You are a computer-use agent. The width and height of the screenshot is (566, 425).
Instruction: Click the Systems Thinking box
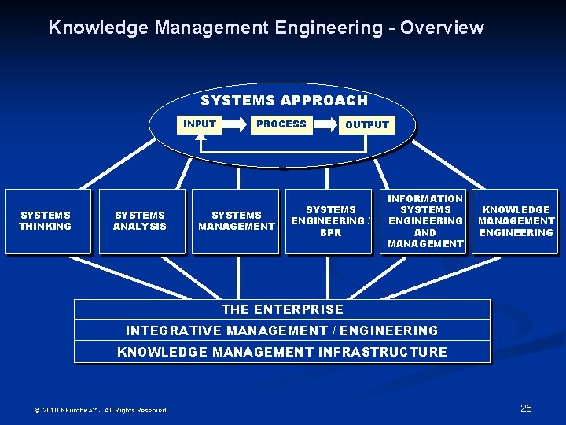[46, 221]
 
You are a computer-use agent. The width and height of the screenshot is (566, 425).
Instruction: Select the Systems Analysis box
[141, 221]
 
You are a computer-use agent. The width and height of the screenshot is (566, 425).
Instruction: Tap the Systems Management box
[236, 221]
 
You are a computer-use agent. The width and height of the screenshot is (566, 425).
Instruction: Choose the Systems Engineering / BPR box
[330, 221]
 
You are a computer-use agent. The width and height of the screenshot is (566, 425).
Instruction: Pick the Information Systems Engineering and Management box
[424, 221]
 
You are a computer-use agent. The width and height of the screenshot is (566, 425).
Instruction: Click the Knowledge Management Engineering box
[516, 221]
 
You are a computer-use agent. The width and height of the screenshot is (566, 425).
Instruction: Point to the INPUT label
[200, 124]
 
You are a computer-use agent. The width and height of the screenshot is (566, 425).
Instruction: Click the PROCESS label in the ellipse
[281, 124]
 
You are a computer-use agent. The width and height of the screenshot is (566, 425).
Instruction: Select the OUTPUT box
[367, 124]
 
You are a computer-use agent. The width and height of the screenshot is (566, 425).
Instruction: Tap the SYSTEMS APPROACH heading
[284, 101]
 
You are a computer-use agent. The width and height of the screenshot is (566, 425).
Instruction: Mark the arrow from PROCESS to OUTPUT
[325, 124]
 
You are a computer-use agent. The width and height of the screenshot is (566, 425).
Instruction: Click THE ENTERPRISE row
[282, 309]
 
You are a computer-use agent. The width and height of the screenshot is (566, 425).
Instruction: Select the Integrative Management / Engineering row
[282, 331]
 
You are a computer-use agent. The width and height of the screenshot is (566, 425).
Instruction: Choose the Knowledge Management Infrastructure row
[282, 352]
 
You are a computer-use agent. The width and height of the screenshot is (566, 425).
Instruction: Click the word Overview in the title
[442, 28]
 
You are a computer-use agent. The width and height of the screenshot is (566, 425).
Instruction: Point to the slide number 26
[526, 408]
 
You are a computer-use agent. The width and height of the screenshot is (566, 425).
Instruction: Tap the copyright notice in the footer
[101, 409]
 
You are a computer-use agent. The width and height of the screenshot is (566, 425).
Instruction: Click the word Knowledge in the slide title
[98, 28]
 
